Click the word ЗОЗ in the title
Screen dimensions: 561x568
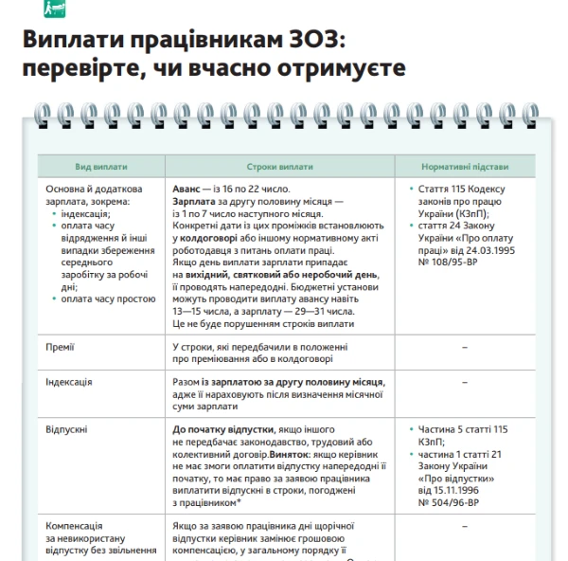click(x=312, y=41)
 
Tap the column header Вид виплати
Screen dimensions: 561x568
click(x=101, y=167)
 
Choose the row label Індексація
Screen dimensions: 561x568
click(x=69, y=382)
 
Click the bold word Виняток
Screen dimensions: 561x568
click(x=293, y=454)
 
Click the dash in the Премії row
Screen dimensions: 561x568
click(x=465, y=348)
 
